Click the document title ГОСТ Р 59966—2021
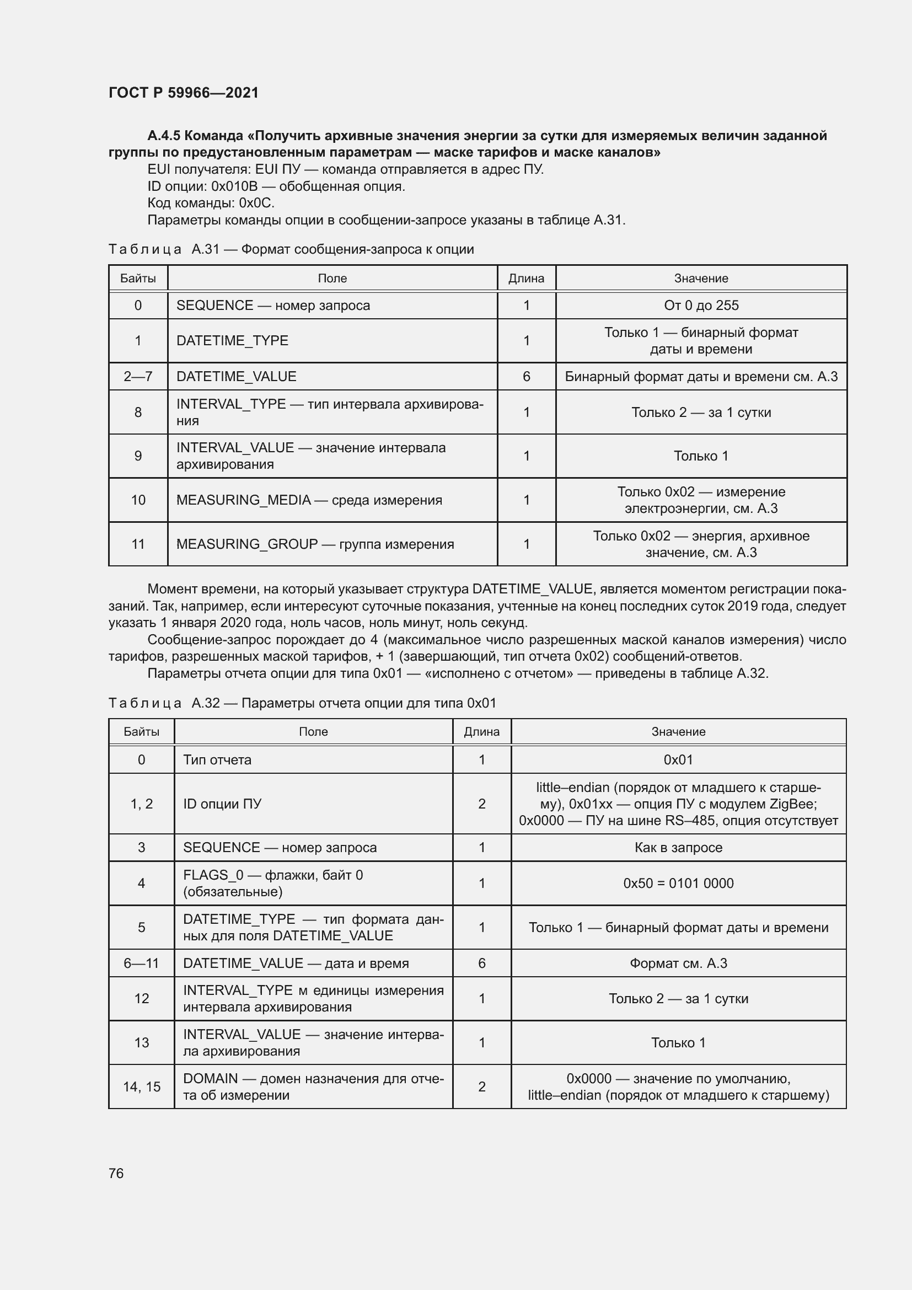point(183,93)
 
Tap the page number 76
point(116,1173)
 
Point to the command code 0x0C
point(256,203)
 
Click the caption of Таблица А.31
point(291,249)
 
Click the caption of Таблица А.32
point(302,703)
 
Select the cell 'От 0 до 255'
point(701,306)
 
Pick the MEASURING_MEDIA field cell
point(309,500)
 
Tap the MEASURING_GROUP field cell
point(314,544)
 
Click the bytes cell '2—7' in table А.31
point(138,377)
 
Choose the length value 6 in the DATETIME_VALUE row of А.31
point(526,377)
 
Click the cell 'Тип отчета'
point(217,759)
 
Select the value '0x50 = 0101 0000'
point(678,883)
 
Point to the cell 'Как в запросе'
point(678,847)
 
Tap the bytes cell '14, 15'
point(142,1086)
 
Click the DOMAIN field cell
point(313,1086)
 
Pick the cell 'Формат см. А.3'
point(678,963)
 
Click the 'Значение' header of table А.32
point(678,731)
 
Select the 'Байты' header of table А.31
point(138,278)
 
